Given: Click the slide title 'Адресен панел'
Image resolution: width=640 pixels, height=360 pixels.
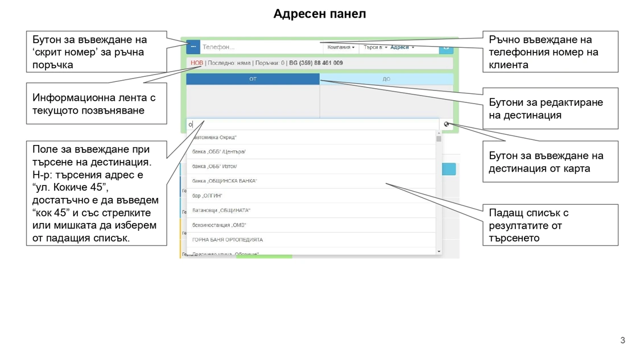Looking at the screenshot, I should coord(319,14).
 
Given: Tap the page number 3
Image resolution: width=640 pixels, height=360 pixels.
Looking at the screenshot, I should coord(622,340).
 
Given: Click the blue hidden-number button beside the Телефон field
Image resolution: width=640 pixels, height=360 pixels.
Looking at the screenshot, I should coord(193,47).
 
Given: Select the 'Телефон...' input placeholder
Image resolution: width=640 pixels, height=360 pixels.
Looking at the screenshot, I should coord(218,47).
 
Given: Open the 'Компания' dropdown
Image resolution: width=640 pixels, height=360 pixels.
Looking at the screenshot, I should coord(341,47).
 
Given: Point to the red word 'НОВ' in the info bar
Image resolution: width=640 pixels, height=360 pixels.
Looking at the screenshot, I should coord(196,63).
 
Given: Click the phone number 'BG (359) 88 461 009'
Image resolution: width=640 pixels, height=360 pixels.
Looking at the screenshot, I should coord(316,63).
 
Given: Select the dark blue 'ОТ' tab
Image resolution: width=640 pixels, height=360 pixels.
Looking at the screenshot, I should coord(253,79).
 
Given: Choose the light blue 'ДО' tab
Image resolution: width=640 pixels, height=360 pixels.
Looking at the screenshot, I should coord(386,79).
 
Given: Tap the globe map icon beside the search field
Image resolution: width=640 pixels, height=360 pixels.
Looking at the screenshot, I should coord(447,124).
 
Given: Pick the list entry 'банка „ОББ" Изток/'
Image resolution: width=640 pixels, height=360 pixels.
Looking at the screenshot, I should coord(214,167).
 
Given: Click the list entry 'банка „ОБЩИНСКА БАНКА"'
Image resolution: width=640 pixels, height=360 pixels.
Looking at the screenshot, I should coord(225,181).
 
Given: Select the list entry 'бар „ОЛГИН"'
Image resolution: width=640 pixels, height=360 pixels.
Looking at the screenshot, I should coord(207,196).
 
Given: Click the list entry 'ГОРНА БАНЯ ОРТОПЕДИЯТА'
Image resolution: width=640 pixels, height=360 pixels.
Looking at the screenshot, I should coord(228,240).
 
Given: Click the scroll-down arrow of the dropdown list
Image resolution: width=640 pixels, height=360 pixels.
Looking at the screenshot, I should coord(439,251).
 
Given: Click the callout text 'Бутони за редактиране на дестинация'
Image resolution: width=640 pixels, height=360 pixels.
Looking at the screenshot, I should coord(546,109).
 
